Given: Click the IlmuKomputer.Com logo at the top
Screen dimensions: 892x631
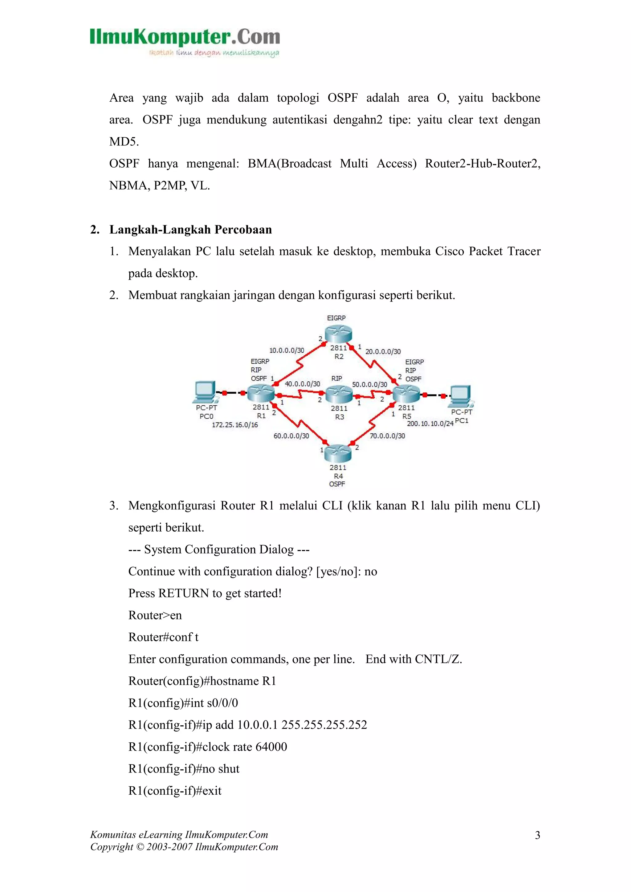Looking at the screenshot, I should (185, 42).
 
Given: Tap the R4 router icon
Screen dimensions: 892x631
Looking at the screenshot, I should (338, 453).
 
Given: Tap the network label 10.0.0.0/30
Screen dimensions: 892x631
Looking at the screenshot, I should (287, 351).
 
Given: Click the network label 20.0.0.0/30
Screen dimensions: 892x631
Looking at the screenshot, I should (383, 351).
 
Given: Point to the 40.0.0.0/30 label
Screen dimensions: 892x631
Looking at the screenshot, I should (302, 384).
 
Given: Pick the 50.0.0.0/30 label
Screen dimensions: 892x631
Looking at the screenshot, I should (369, 385).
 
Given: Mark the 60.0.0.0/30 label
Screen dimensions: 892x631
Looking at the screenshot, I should (291, 436).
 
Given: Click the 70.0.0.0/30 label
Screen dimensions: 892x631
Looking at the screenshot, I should (387, 436).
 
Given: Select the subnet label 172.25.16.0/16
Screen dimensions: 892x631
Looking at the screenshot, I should (235, 425).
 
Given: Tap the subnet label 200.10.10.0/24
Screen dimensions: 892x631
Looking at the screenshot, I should (430, 424).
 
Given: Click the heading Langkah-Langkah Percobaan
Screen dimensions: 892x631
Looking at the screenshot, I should (190, 229).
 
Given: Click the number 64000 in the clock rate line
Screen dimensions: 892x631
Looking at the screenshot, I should (271, 747).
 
